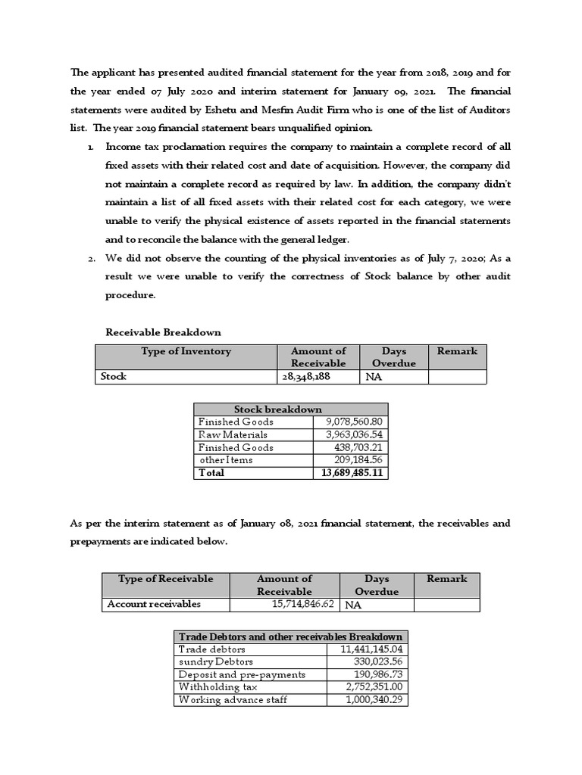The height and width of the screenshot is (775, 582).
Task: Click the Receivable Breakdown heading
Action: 163,331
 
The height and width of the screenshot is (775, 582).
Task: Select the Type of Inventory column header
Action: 186,351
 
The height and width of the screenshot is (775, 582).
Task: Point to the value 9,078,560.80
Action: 355,422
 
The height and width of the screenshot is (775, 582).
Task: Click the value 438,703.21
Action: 360,447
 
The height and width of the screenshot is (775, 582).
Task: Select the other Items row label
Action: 226,459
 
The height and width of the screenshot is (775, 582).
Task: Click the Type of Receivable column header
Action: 165,579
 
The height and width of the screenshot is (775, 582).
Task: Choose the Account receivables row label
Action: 154,604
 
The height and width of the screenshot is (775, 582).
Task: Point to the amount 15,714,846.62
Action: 302,604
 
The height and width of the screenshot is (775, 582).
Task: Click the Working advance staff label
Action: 232,699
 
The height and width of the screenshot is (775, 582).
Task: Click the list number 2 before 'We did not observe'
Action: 89,259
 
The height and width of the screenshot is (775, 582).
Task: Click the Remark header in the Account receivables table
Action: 446,579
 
